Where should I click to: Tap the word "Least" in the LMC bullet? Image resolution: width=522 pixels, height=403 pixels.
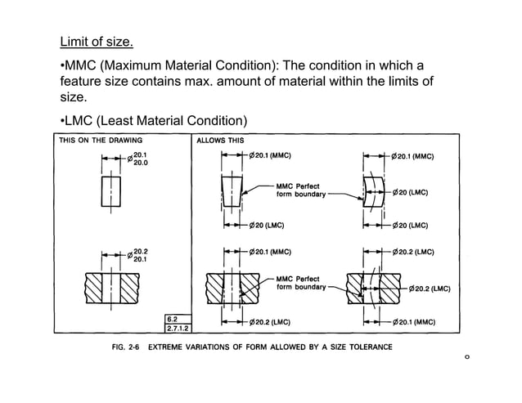point(128,123)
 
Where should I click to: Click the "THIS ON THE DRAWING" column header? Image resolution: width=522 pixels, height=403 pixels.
point(96,140)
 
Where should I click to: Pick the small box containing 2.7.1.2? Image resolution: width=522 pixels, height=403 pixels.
point(177,328)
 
